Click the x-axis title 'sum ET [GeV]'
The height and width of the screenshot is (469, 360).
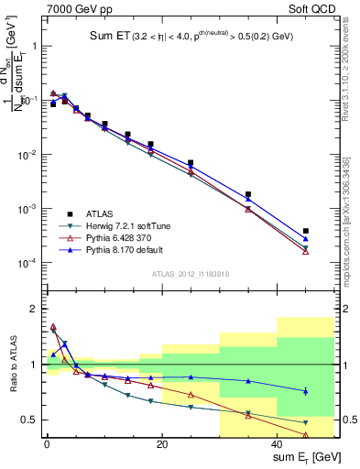(303, 457)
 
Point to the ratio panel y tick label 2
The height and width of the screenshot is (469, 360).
(32, 309)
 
